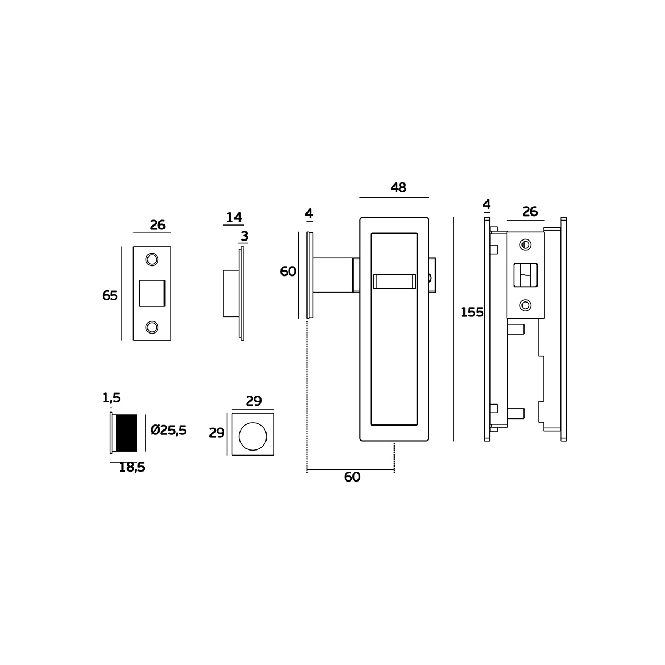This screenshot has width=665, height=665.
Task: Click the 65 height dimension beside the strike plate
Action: point(110,296)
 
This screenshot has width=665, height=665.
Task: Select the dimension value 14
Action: point(234,217)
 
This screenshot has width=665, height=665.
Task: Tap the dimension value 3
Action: point(244,237)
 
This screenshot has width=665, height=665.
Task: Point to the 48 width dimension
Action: point(398,188)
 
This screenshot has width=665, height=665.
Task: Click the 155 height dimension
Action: point(472,313)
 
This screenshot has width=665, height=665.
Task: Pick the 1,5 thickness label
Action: point(111,398)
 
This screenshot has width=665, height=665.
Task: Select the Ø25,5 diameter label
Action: point(168,430)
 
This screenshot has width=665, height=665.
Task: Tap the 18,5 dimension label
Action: point(132,468)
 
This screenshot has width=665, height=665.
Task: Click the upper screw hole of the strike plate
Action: point(151,259)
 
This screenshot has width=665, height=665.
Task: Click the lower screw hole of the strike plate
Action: point(151,327)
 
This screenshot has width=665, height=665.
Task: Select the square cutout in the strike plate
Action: point(151,293)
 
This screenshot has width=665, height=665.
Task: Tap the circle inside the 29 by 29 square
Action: point(253,435)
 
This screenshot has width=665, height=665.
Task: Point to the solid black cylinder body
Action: point(126,432)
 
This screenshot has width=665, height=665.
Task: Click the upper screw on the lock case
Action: point(525,244)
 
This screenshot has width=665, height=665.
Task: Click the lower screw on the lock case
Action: point(525,305)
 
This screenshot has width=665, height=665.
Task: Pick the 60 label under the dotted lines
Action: point(352,477)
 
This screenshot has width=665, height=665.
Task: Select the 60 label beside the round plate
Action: point(288,272)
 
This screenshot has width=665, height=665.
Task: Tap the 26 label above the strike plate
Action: point(157,226)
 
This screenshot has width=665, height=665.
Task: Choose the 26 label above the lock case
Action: point(530,212)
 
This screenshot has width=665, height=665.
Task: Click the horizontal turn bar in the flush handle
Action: point(394,282)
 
